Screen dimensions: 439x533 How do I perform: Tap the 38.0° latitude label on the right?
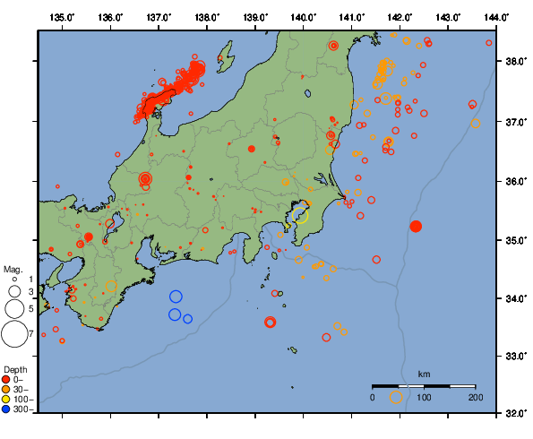click(514, 63)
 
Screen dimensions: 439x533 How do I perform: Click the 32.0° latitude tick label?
click(514, 414)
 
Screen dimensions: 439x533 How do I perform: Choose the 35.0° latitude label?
click(514, 240)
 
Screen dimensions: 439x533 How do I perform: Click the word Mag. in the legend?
click(13, 269)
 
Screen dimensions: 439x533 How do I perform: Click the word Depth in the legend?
click(15, 369)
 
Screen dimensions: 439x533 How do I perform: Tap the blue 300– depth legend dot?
click(6, 409)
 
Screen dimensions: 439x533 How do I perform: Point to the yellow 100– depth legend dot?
click(6, 399)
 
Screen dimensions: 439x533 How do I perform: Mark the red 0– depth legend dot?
click(6, 379)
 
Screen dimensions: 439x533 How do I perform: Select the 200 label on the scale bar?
click(475, 397)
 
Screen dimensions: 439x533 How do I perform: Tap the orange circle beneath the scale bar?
click(396, 397)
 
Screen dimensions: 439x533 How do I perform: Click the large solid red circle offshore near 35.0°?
click(416, 226)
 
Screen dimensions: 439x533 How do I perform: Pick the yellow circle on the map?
click(300, 215)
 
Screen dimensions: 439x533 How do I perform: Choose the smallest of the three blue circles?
click(188, 319)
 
